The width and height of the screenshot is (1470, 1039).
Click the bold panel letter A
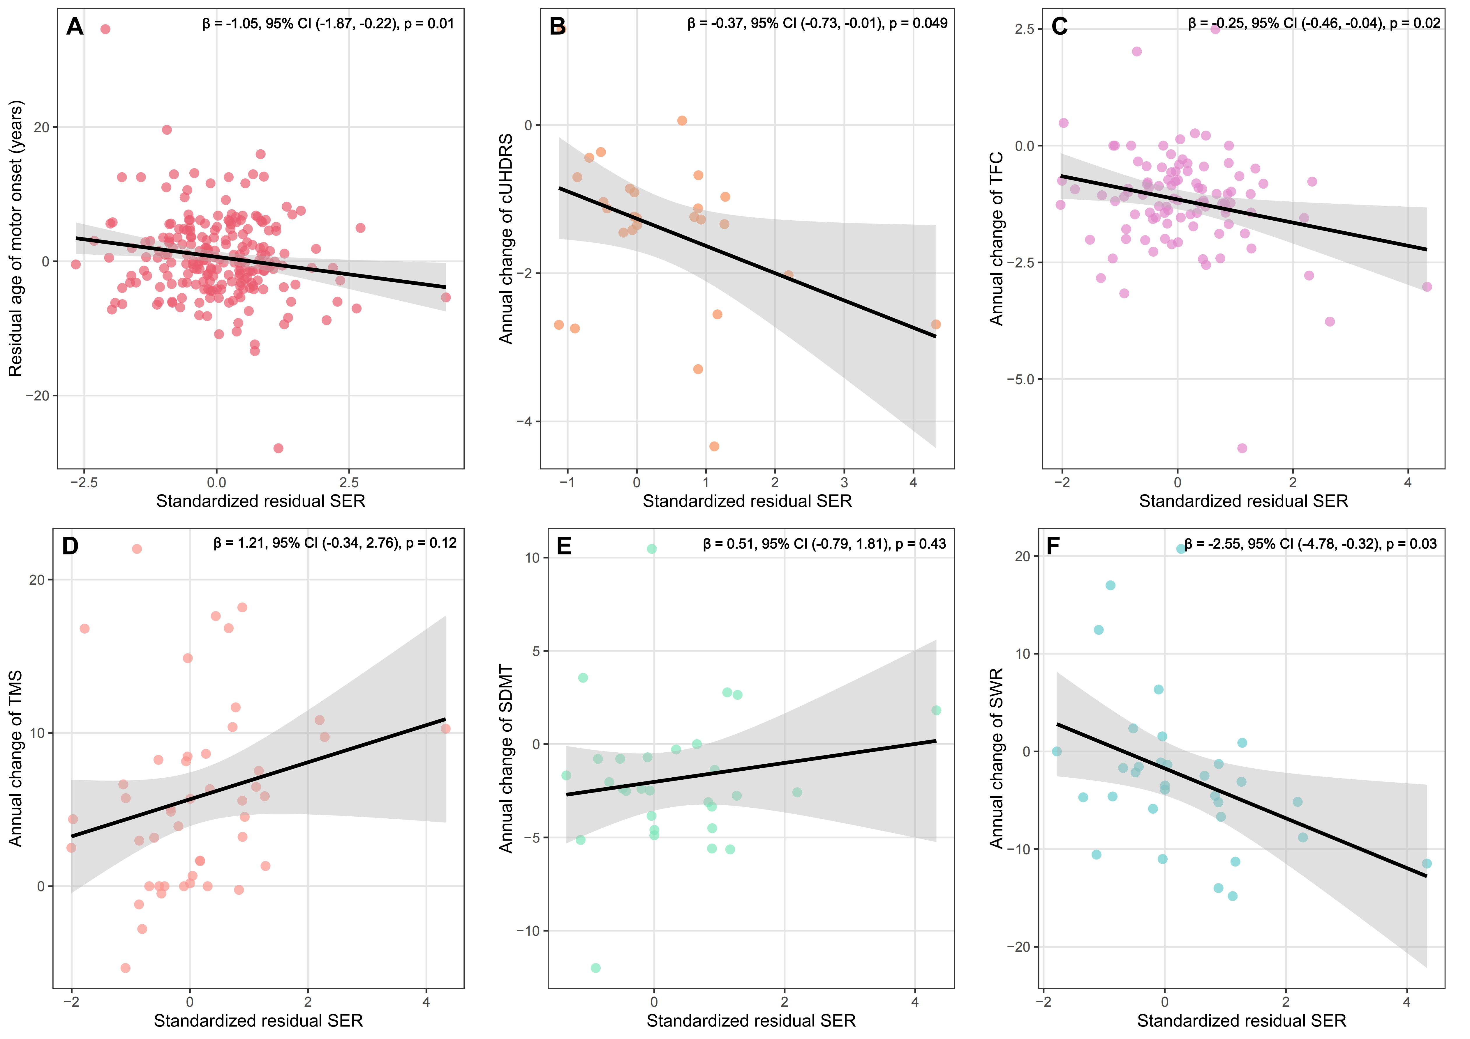75,27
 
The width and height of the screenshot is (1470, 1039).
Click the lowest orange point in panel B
715,446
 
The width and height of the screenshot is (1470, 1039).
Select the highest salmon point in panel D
136,549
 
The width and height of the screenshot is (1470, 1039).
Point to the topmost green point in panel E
652,549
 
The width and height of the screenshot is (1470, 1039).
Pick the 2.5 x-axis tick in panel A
349,483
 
